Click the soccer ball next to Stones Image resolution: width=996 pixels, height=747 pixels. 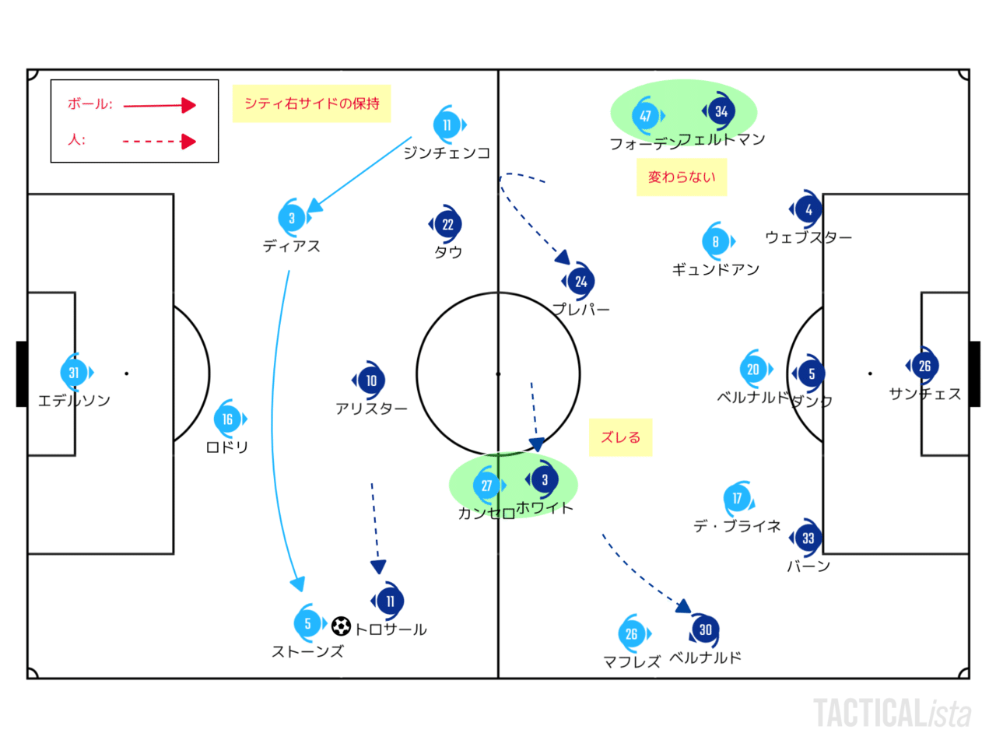pos(341,626)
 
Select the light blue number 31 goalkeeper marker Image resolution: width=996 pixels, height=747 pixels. pos(74,373)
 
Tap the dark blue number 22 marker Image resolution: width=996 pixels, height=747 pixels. pos(447,224)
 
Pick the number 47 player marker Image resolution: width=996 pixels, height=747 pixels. pos(646,116)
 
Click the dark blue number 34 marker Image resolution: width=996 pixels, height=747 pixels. pos(721,111)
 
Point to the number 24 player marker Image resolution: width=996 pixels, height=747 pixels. pos(580,282)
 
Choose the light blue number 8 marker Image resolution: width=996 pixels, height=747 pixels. pos(716,241)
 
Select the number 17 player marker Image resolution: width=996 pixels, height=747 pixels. pos(737,498)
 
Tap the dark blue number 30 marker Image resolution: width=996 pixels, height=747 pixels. pos(705,630)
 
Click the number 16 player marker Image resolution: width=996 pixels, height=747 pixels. pos(227,419)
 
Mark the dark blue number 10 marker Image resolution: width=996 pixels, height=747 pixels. pos(371,381)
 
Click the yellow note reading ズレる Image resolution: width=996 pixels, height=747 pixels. pos(620,437)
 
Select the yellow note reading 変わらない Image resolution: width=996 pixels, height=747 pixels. pos(681,177)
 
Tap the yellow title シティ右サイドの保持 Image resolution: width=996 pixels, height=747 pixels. pos(311,103)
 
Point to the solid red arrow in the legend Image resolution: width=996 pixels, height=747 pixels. pos(160,105)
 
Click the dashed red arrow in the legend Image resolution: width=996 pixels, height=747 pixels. pos(160,142)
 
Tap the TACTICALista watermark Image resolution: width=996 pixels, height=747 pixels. pos(893,713)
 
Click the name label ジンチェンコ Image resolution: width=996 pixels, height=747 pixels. pos(447,153)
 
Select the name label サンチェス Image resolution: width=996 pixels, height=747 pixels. pos(924,394)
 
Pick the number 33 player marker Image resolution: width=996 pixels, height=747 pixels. pos(808,538)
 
